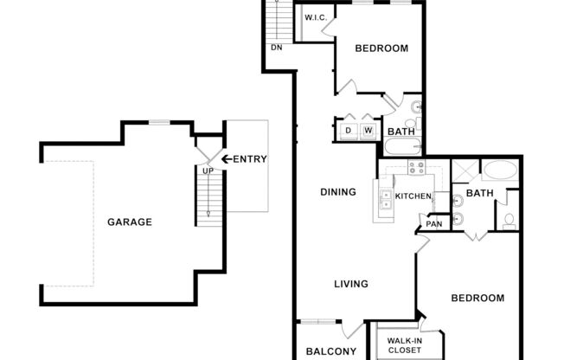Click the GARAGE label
click(130, 222)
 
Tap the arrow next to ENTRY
click(228, 158)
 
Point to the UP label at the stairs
click(208, 170)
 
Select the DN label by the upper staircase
click(277, 47)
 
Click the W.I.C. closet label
click(313, 17)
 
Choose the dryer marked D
click(349, 131)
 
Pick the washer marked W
click(369, 131)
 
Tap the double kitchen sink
click(384, 199)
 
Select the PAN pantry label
click(433, 225)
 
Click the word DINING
click(338, 192)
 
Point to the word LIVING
click(352, 284)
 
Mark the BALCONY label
click(331, 351)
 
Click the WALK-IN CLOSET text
click(405, 346)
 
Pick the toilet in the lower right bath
click(510, 220)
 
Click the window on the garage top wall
click(161, 122)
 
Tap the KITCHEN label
click(413, 196)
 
